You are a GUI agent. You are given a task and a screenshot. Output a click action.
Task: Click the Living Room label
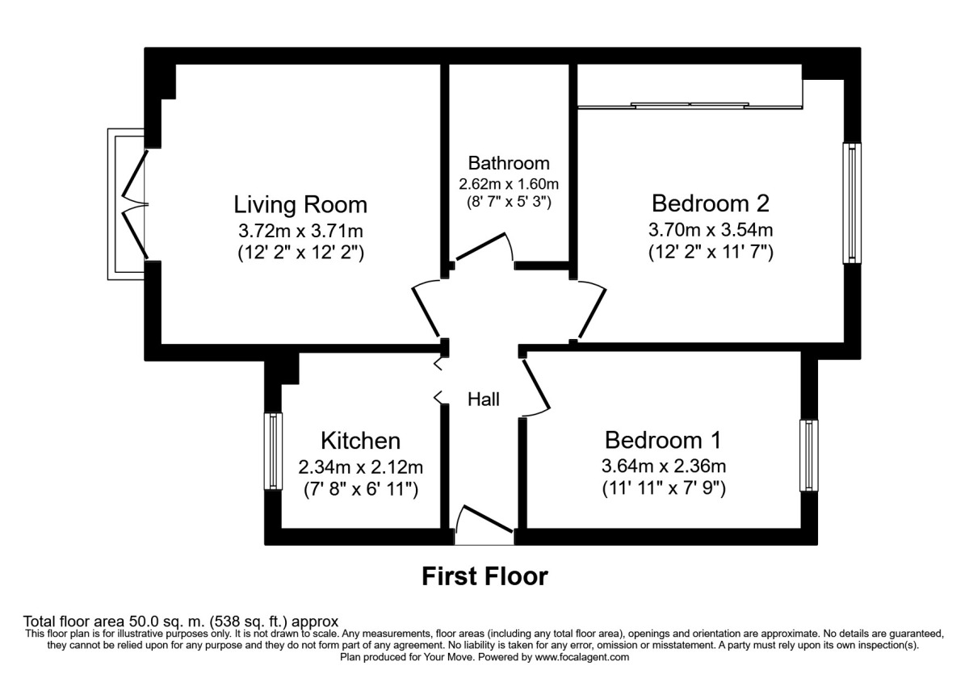300,203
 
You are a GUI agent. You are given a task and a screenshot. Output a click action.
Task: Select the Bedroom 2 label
711,202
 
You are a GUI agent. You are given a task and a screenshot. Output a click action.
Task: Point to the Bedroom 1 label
663,440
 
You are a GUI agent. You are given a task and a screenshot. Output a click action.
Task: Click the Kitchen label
360,441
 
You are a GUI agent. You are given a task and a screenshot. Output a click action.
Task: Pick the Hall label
484,399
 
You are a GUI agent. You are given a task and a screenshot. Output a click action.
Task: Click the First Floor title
484,576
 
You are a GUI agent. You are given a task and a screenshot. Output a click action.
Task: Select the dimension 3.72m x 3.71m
300,229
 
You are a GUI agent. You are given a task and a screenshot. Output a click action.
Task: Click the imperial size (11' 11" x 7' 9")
663,488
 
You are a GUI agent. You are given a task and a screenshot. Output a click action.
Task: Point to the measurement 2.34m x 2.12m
360,467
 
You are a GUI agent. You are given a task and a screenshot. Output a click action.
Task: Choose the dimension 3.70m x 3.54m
711,228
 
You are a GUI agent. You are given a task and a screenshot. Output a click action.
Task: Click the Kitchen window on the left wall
275,451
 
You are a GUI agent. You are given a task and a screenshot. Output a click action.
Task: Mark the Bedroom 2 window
852,203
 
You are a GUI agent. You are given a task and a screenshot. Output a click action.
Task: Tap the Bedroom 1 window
809,455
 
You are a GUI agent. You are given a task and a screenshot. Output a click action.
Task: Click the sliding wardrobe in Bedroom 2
690,104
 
